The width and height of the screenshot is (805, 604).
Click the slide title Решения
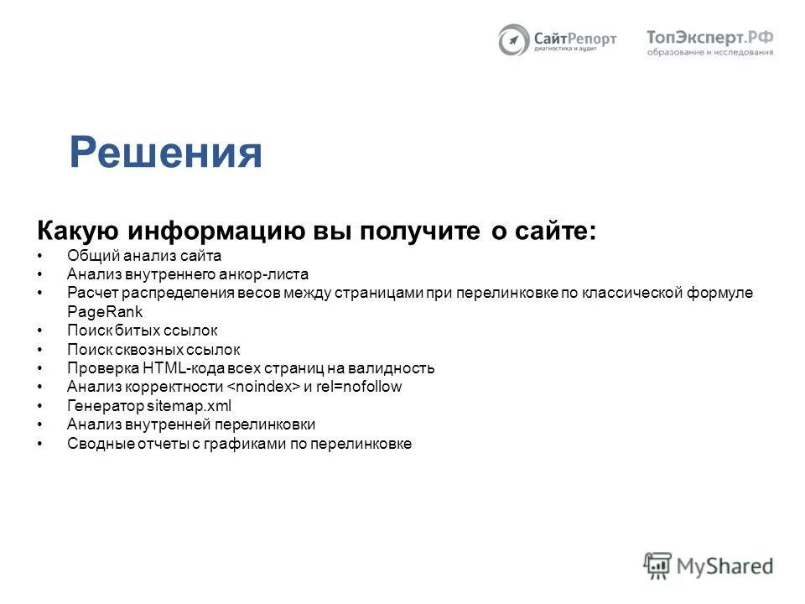click(166, 153)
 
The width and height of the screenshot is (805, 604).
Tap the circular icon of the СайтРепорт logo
click(513, 40)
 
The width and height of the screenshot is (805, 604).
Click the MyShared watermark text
click(725, 566)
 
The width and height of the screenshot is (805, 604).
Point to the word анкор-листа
click(266, 274)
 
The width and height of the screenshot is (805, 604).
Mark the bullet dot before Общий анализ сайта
click(40, 256)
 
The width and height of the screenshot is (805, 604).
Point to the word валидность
click(395, 368)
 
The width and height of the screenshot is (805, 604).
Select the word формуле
click(726, 293)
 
